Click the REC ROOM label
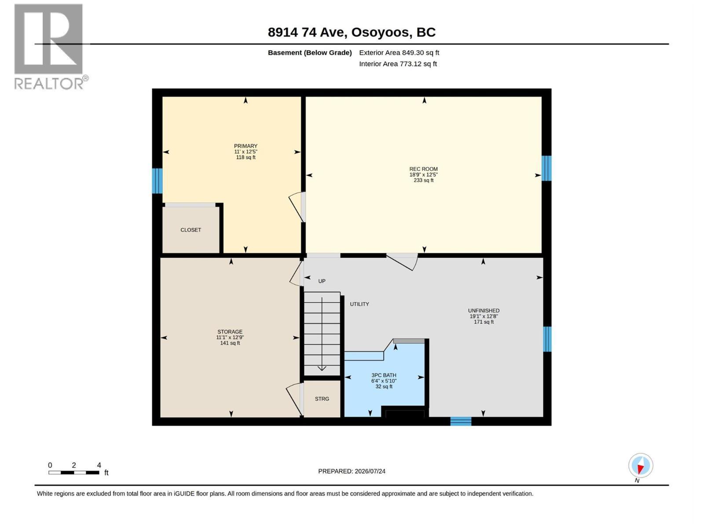(423, 169)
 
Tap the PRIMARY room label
(246, 146)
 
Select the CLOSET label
(191, 230)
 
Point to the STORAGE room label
(230, 332)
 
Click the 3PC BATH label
(384, 375)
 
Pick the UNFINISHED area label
(484, 311)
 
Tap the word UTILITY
(359, 304)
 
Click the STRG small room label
(322, 399)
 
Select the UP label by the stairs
(322, 282)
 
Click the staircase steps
(322, 334)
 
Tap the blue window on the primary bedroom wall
(157, 181)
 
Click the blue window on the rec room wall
(546, 169)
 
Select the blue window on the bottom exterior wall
(461, 421)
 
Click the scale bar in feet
(74, 473)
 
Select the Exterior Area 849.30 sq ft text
(399, 53)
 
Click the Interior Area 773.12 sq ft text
(398, 64)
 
